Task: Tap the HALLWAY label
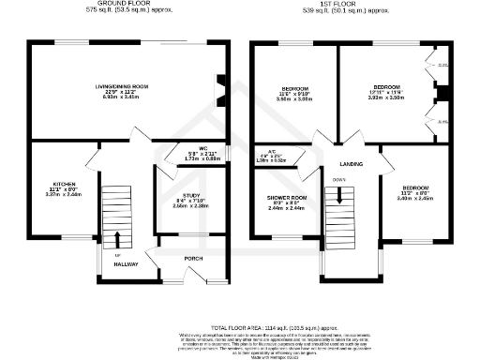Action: [x=127, y=264]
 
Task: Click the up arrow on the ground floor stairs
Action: [x=117, y=239]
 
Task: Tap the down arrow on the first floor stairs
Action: [x=335, y=197]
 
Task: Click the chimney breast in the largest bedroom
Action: [x=435, y=91]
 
